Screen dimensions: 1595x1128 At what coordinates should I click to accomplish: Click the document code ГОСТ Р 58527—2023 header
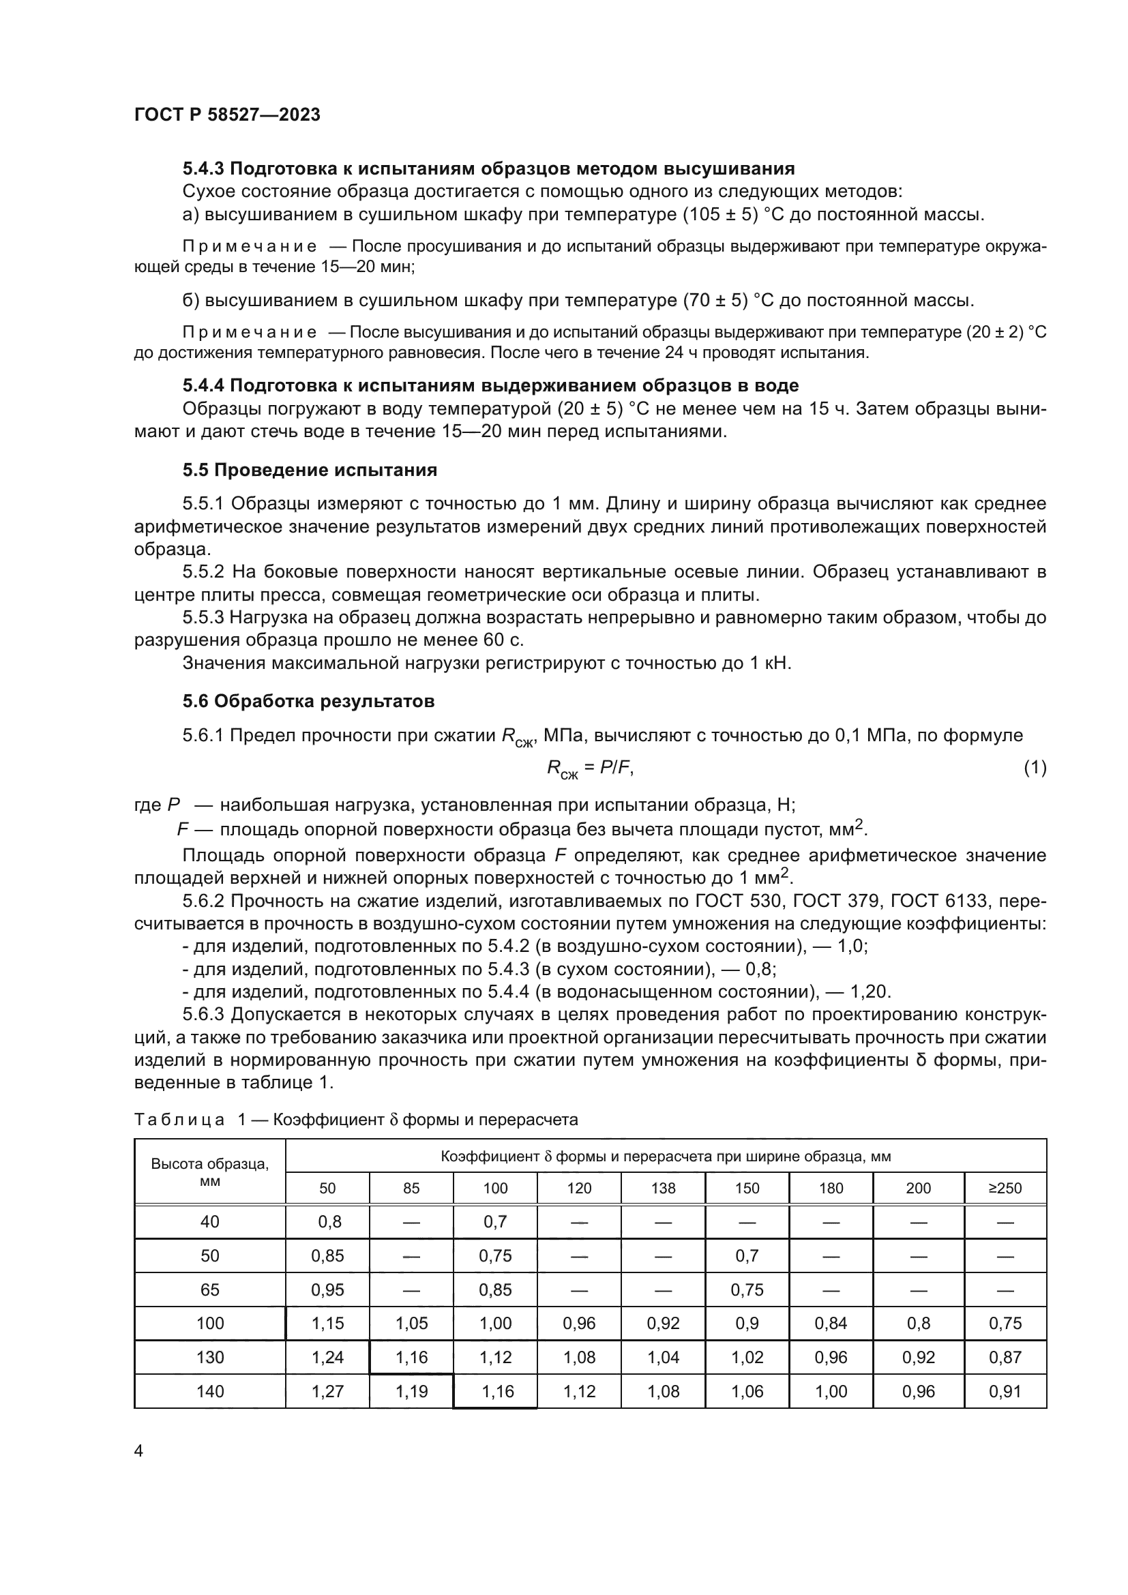pyautogui.click(x=227, y=115)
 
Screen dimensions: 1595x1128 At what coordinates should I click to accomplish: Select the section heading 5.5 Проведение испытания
pyautogui.click(x=310, y=471)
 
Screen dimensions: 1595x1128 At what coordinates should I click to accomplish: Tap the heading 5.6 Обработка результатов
pyautogui.click(x=308, y=701)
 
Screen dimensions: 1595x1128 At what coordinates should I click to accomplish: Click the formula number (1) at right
pyautogui.click(x=1035, y=767)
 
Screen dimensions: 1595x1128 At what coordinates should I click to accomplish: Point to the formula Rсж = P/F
pyautogui.click(x=590, y=769)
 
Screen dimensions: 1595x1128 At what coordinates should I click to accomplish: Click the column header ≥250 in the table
pyautogui.click(x=1005, y=1188)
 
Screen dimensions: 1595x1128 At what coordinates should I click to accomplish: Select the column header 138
pyautogui.click(x=663, y=1188)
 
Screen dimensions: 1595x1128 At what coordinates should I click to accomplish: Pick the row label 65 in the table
pyautogui.click(x=210, y=1290)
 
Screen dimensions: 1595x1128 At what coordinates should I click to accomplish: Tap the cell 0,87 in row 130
pyautogui.click(x=1005, y=1357)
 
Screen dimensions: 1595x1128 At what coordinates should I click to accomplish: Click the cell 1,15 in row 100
pyautogui.click(x=328, y=1323)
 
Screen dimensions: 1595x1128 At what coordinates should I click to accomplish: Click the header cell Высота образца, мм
pyautogui.click(x=210, y=1172)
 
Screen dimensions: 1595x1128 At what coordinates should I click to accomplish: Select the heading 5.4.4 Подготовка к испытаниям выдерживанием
pyautogui.click(x=490, y=385)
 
